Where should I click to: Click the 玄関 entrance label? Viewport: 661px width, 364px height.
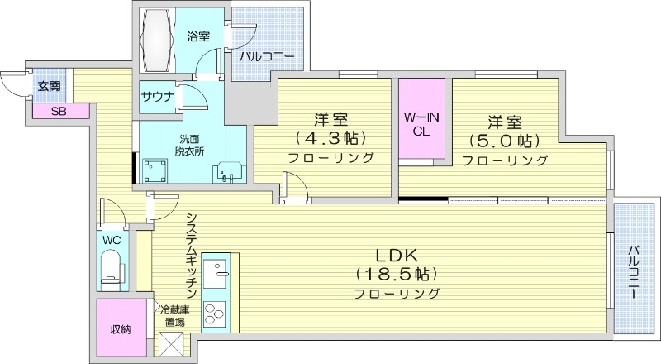coord(48,85)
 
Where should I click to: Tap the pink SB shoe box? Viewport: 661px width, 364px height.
coord(59,111)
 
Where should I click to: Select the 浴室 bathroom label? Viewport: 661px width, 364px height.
coord(197,36)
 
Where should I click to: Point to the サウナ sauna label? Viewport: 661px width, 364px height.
coord(157,97)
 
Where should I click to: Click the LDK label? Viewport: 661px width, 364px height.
coord(397,255)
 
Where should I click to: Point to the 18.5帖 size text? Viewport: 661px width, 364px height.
coord(397,274)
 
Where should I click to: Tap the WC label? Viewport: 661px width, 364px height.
coord(112,240)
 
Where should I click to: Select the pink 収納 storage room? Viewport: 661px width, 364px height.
coord(121,328)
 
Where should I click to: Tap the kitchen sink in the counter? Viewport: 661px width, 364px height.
coord(220,271)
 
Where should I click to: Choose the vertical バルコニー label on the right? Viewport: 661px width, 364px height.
coord(634,272)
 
